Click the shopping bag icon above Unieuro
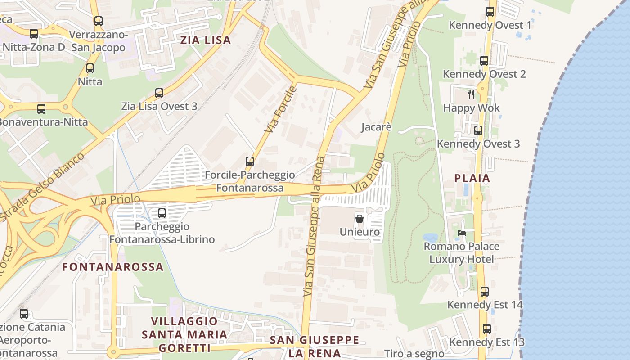click(x=360, y=219)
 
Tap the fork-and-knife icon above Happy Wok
click(x=471, y=94)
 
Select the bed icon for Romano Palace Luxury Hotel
click(x=462, y=233)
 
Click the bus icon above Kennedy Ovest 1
click(x=490, y=12)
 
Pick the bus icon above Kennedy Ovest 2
click(x=484, y=60)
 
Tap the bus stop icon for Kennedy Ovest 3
click(x=478, y=130)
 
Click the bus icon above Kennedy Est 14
click(x=484, y=291)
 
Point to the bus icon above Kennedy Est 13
click(x=487, y=328)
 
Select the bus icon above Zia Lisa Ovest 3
click(x=159, y=93)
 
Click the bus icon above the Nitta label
click(x=90, y=68)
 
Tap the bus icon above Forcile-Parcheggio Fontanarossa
click(x=250, y=161)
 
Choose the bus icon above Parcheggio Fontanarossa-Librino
click(x=162, y=213)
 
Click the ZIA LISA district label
click(x=206, y=40)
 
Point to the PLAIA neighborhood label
click(x=472, y=178)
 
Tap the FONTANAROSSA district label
click(x=113, y=267)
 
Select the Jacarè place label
click(x=377, y=127)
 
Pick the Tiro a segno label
click(x=414, y=354)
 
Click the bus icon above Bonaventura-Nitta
click(x=41, y=109)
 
